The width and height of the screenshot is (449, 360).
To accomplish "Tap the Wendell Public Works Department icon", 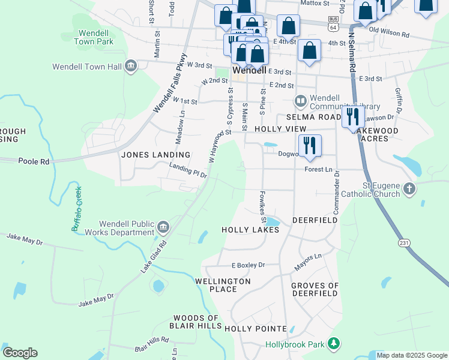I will pyautogui.click(x=163, y=227).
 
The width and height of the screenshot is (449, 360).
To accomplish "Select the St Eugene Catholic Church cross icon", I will pyautogui.click(x=409, y=189).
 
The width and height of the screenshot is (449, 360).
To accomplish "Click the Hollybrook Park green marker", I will pyautogui.click(x=333, y=344).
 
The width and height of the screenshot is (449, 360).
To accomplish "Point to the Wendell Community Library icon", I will pyautogui.click(x=300, y=100).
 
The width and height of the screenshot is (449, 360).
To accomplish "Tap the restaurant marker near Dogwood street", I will pyautogui.click(x=310, y=146).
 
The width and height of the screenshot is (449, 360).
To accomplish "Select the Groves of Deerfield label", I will pyautogui.click(x=315, y=289).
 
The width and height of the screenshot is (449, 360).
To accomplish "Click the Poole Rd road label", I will pyautogui.click(x=28, y=161).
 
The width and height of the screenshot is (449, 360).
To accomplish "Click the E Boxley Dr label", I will pyautogui.click(x=248, y=265).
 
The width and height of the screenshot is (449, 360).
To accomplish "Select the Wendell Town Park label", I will pyautogui.click(x=94, y=37).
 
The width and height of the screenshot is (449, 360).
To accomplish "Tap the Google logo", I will pyautogui.click(x=20, y=353).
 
